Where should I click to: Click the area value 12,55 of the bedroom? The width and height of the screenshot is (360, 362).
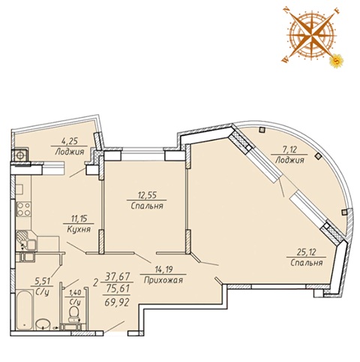click(x=147, y=195)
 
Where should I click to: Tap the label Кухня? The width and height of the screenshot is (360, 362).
click(x=79, y=229)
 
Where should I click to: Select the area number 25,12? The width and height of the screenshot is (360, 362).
click(x=307, y=252)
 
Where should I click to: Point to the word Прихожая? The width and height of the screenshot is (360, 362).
click(x=163, y=280)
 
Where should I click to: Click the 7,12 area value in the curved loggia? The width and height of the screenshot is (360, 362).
click(x=289, y=150)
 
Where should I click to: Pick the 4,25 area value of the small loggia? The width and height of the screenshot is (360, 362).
click(x=69, y=141)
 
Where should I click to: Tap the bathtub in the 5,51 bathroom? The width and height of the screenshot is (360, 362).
click(x=25, y=309)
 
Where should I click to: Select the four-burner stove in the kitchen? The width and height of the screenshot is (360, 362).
click(x=24, y=210)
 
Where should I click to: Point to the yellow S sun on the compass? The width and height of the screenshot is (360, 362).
click(x=337, y=60)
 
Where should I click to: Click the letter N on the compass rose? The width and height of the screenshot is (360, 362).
click(x=286, y=10)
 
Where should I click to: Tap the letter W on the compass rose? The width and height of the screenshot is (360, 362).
click(x=285, y=60)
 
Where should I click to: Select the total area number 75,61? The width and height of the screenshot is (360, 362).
click(x=118, y=289)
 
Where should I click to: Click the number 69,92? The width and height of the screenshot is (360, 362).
click(x=117, y=303)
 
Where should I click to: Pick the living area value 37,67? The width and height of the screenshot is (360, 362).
click(x=118, y=276)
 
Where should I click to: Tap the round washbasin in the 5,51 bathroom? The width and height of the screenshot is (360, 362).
click(x=43, y=324)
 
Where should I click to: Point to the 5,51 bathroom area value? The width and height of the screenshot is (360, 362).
click(x=42, y=281)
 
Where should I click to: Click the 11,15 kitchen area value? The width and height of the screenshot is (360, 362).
click(x=79, y=219)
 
